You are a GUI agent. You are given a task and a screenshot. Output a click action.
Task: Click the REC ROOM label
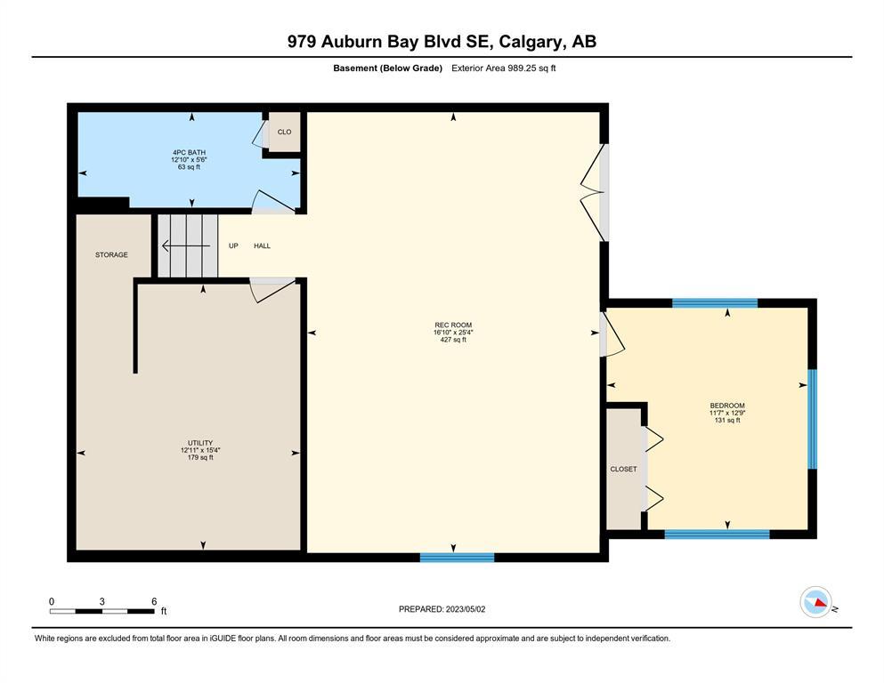coord(453,325)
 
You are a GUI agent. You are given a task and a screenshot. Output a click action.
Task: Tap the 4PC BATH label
coord(189,153)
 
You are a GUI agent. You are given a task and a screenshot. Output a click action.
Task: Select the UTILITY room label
coord(200,443)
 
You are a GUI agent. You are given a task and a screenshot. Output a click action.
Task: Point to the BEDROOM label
coord(727,406)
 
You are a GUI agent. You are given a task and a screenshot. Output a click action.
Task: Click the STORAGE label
coord(111,255)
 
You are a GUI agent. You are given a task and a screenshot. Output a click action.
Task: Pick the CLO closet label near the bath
coord(284,132)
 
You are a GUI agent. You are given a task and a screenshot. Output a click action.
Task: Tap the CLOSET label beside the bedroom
coord(623,469)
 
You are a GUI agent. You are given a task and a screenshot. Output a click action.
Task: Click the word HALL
coord(262,246)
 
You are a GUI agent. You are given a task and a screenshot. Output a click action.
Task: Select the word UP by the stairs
coord(233,246)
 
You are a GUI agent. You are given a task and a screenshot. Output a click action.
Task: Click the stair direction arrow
coord(186,246)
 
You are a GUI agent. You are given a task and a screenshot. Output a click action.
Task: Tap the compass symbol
coord(815,602)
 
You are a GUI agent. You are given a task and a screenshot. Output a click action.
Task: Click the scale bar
coord(102,611)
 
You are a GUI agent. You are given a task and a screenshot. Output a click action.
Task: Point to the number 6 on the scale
coord(154,601)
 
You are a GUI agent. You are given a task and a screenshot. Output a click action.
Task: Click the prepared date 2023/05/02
coord(466,609)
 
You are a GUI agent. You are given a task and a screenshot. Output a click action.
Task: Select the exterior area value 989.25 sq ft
coord(531,68)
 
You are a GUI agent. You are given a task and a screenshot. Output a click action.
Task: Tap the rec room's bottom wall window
coord(458,558)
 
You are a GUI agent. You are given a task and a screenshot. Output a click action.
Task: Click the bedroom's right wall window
coord(813,419)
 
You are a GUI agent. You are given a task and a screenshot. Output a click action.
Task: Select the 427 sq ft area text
coord(453,340)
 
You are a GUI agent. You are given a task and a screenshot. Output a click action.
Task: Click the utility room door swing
coord(273,289)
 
